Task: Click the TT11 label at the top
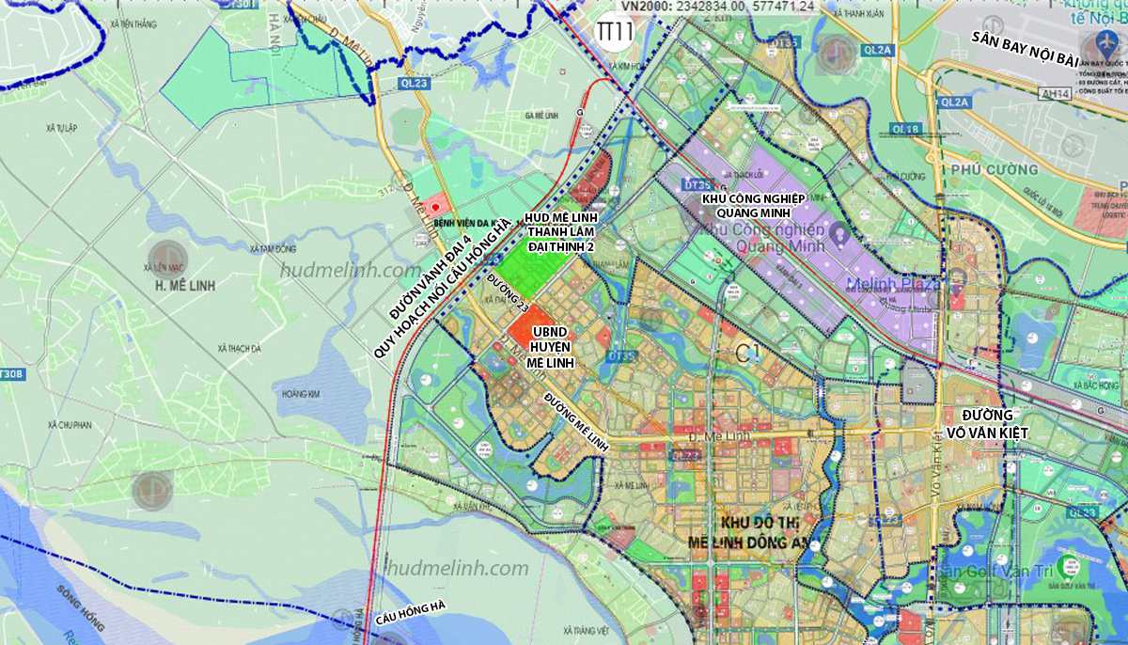[x=616, y=30]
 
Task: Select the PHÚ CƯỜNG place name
[x=994, y=170]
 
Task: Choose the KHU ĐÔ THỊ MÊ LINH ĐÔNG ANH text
[x=747, y=532]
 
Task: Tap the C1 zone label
[x=747, y=354]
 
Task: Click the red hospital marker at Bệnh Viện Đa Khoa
[x=434, y=206]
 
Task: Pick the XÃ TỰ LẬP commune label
[x=60, y=125]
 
